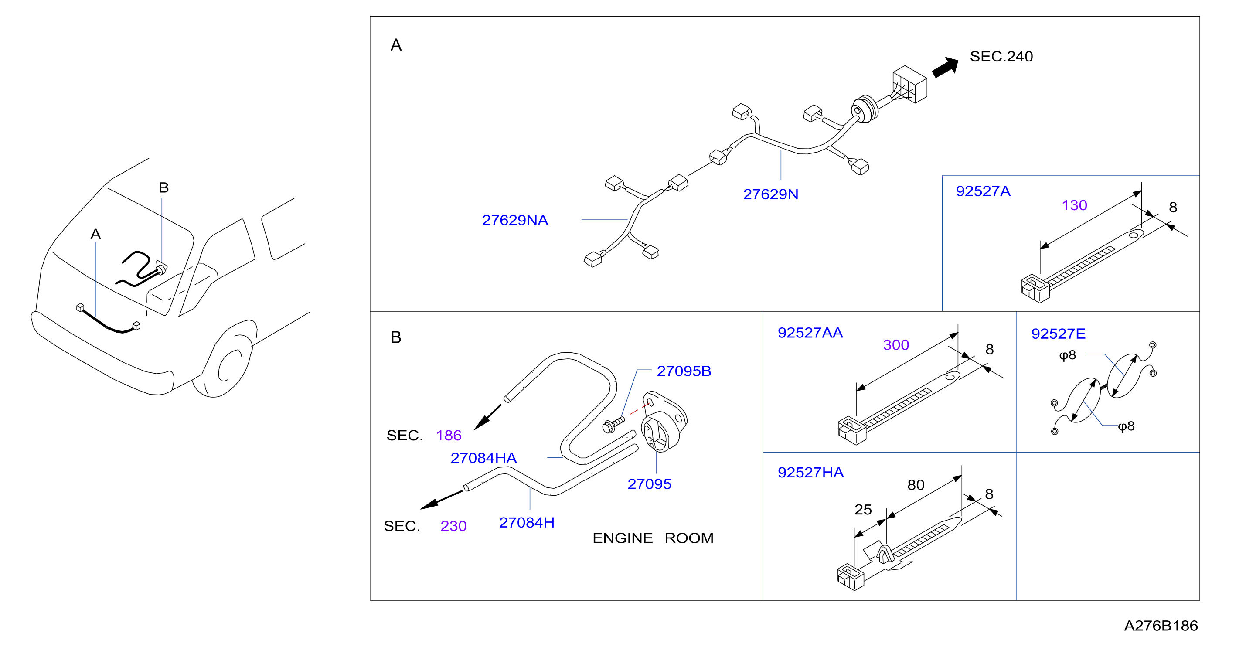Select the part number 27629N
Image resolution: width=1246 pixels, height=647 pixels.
pyautogui.click(x=770, y=194)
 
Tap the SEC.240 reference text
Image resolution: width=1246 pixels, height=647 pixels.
pyautogui.click(x=1001, y=57)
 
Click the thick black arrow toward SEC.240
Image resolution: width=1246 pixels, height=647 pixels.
pyautogui.click(x=945, y=67)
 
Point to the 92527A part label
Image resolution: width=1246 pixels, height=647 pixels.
pyautogui.click(x=983, y=191)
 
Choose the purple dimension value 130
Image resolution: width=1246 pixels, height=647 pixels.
pyautogui.click(x=1074, y=205)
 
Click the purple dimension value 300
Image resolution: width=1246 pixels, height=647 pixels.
pyautogui.click(x=896, y=345)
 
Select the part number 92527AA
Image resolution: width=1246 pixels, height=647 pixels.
pyautogui.click(x=810, y=333)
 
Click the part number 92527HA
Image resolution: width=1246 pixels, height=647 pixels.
pyautogui.click(x=810, y=473)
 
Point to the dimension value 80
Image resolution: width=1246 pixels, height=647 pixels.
pyautogui.click(x=916, y=485)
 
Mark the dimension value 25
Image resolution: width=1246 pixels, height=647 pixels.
pyautogui.click(x=863, y=510)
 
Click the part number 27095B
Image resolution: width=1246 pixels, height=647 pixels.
pyautogui.click(x=684, y=371)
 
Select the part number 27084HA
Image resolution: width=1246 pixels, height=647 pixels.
pyautogui.click(x=483, y=458)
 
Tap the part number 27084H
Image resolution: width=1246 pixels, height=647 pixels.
pyautogui.click(x=526, y=523)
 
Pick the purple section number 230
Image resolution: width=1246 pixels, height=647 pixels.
pyautogui.click(x=453, y=526)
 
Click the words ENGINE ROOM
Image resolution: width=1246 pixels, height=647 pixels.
pyautogui.click(x=653, y=538)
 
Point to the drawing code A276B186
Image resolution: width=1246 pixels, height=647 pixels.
pyautogui.click(x=1161, y=626)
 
